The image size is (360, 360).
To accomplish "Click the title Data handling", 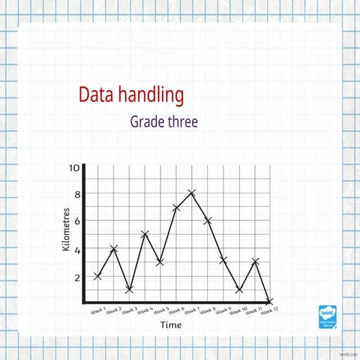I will tap(130, 95).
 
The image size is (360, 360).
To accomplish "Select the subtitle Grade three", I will tap(163, 121).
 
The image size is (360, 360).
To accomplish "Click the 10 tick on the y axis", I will tap(74, 167).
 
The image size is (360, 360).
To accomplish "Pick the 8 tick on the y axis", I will tap(76, 194).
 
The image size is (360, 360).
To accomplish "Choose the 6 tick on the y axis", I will tap(76, 221).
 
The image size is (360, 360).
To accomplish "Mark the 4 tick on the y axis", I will tap(76, 249).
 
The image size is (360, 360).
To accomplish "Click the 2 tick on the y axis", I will tap(76, 277).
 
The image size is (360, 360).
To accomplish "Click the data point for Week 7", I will tap(192, 193).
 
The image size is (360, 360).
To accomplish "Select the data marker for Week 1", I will tap(97, 276).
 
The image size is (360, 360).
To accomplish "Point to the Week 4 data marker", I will tap(145, 235).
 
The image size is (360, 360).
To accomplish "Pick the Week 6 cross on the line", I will tap(176, 207).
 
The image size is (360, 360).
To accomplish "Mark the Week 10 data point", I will tap(238, 289).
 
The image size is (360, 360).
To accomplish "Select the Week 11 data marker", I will tap(255, 262).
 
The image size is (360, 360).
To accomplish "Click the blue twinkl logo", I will tap(327, 316).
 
